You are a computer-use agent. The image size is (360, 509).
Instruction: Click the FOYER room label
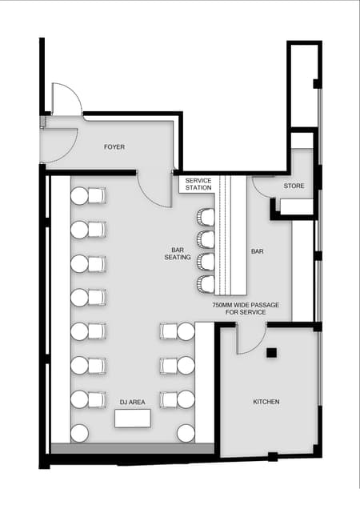point(114,147)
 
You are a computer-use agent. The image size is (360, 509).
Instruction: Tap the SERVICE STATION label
point(198,184)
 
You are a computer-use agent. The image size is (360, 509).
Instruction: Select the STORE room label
point(294,186)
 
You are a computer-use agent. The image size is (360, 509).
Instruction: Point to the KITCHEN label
point(266,402)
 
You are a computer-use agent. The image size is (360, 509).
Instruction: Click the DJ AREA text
point(133,403)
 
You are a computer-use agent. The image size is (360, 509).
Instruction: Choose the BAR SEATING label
point(178,254)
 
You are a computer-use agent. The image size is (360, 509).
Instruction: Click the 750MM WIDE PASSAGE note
point(246,309)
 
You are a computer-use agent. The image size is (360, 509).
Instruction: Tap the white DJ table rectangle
point(133,419)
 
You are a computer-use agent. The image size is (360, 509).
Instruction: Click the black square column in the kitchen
point(272,353)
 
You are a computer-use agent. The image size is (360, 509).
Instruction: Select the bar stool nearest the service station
point(206,217)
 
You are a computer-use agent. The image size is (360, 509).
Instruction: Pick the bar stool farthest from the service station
point(206,284)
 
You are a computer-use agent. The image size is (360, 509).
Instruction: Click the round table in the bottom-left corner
point(79,433)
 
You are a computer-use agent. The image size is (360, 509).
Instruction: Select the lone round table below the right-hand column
point(186,433)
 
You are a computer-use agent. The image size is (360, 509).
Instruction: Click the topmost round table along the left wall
point(79,196)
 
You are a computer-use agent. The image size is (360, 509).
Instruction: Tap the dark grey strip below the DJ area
point(133,448)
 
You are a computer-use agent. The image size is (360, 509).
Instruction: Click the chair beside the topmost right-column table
point(169,331)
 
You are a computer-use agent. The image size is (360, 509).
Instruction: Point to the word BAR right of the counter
point(257,251)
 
